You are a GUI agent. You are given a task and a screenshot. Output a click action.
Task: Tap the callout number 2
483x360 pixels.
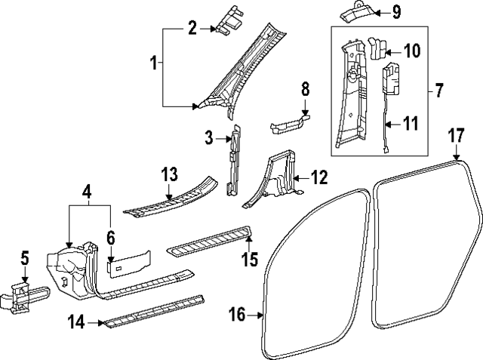192,29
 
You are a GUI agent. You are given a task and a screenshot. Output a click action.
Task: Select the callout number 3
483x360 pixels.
209,138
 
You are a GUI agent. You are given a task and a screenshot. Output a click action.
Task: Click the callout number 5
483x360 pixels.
25,259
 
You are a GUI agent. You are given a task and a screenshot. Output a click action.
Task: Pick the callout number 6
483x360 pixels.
110,238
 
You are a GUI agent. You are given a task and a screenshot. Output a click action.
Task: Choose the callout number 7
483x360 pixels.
439,91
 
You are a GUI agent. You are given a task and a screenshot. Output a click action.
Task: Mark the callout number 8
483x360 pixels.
305,90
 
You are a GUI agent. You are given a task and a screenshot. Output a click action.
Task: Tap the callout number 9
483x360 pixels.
397,12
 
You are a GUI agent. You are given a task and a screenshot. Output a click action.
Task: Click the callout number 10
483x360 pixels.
411,51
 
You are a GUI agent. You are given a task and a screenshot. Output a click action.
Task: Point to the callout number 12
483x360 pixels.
319,178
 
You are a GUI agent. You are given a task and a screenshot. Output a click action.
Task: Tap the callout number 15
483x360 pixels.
250,260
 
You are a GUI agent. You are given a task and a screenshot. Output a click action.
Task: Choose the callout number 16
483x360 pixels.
237,314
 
